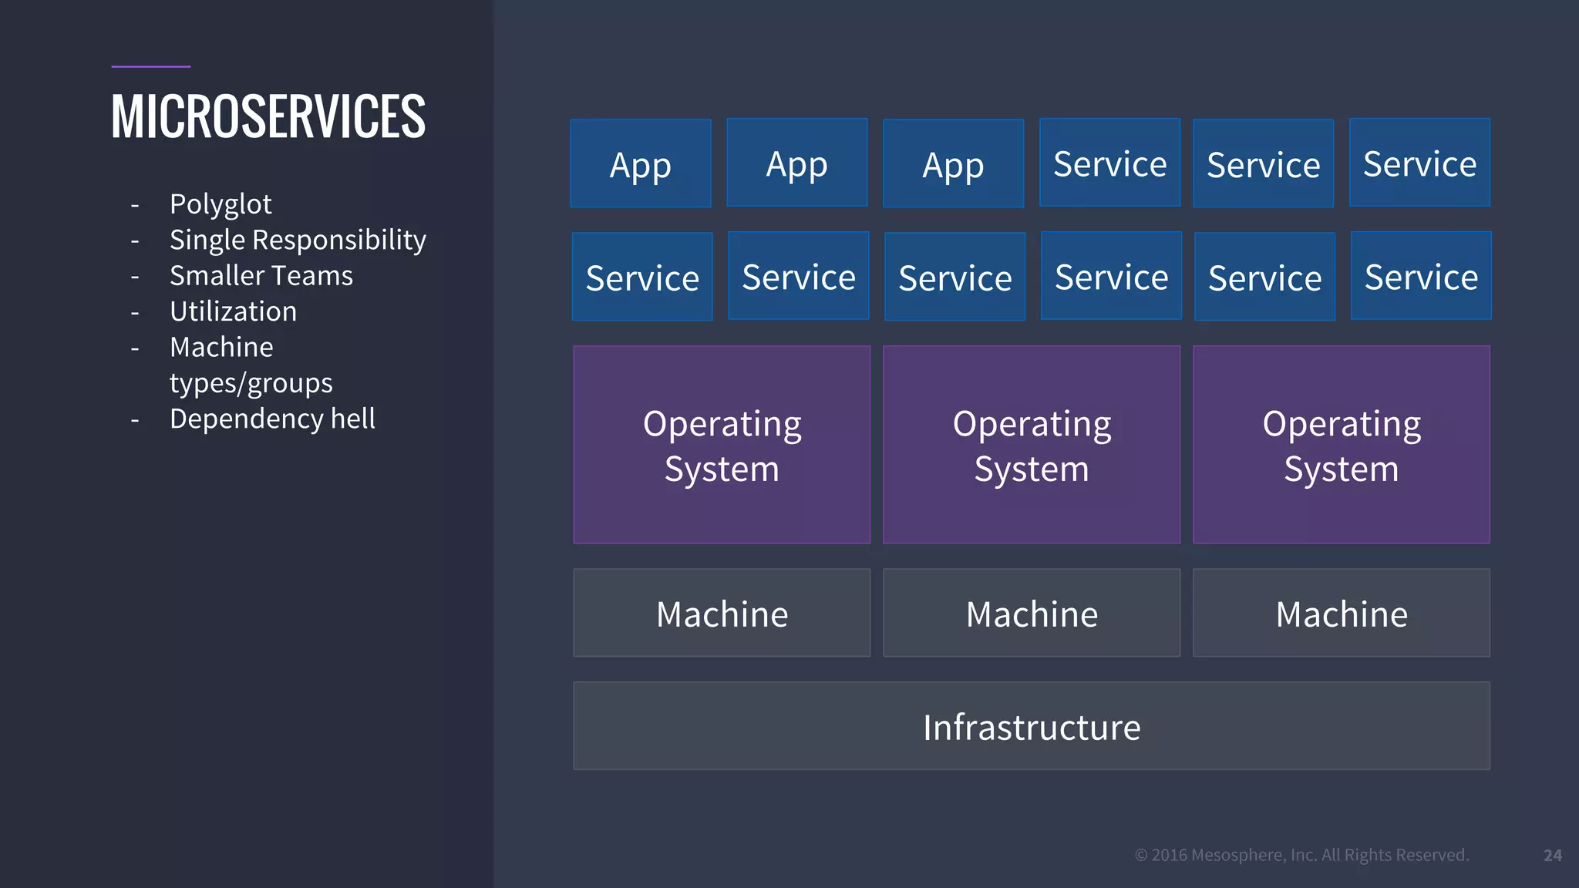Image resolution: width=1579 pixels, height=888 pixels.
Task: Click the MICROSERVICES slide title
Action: point(268,117)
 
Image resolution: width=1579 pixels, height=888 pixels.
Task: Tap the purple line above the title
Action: point(150,66)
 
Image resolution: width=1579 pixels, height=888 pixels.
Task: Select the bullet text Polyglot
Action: point(221,204)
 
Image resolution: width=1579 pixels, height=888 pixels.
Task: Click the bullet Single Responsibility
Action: point(298,240)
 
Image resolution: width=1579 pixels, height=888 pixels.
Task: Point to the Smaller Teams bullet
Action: point(261,276)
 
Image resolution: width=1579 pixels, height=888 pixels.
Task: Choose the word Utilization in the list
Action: point(233,311)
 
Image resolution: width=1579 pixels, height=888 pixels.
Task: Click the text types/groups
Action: point(251,383)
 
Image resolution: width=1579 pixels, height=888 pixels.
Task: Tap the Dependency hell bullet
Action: point(272,419)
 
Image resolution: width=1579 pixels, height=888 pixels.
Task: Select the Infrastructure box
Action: point(1032,726)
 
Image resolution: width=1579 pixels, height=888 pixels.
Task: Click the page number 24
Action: point(1552,855)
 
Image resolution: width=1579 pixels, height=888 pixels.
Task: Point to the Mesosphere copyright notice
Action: point(1302,855)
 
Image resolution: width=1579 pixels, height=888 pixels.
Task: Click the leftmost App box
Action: point(641,163)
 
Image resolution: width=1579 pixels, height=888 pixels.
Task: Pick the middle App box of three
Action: point(797,163)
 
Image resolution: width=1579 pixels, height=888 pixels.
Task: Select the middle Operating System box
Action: point(1032,445)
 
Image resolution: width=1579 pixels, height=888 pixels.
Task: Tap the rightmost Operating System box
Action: point(1342,445)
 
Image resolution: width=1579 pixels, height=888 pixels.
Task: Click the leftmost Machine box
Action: point(722,613)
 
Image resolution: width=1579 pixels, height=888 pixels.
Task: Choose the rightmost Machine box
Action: point(1342,613)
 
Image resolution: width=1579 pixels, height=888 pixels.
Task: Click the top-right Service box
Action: point(1419,163)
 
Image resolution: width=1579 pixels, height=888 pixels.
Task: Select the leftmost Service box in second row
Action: point(642,277)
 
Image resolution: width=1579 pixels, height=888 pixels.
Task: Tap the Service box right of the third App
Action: point(1109,163)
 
